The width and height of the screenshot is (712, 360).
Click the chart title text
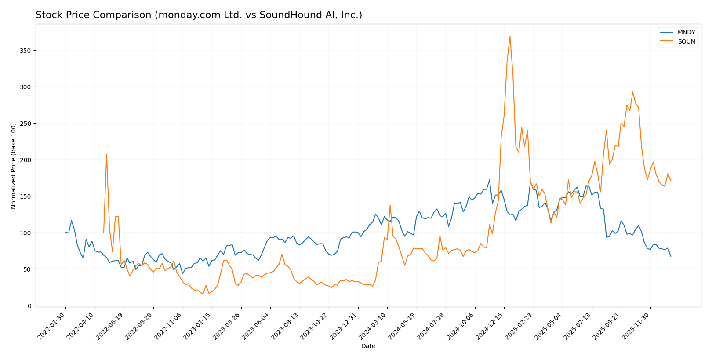(x=199, y=15)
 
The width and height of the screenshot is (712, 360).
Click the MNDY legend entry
(x=686, y=33)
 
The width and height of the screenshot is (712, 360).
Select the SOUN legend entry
(x=686, y=42)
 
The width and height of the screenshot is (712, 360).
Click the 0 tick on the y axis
(x=29, y=305)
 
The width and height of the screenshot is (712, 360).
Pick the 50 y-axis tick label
(x=28, y=269)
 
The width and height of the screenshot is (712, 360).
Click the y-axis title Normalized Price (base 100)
(x=14, y=166)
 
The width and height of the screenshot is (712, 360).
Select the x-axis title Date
(x=368, y=346)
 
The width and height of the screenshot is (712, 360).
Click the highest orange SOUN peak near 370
(x=510, y=36)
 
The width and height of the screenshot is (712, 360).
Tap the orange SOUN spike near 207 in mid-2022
(x=106, y=154)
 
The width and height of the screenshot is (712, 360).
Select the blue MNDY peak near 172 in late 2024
(x=489, y=180)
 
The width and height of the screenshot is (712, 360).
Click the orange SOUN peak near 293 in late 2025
(x=632, y=92)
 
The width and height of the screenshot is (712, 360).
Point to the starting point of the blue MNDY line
(x=65, y=232)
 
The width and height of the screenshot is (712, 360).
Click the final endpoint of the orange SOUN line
(x=670, y=181)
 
